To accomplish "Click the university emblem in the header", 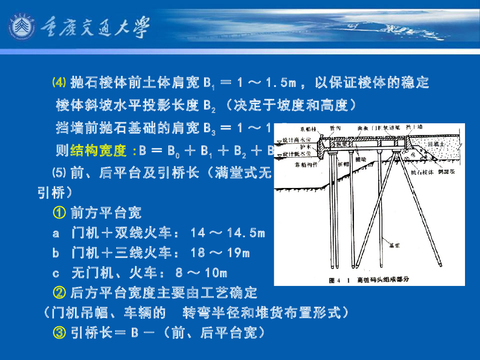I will [x=22, y=28].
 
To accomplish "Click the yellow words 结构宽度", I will [x=98, y=151].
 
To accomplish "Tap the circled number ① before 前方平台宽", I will [x=59, y=213].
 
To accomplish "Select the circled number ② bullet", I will [x=59, y=293].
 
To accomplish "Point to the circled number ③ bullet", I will [x=59, y=333].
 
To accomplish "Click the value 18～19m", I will [x=220, y=253].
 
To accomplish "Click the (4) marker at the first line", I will [x=60, y=83].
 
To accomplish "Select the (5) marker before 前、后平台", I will [x=59, y=173].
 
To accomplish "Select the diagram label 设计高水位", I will [x=294, y=140].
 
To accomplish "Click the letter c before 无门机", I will [x=56, y=273].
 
